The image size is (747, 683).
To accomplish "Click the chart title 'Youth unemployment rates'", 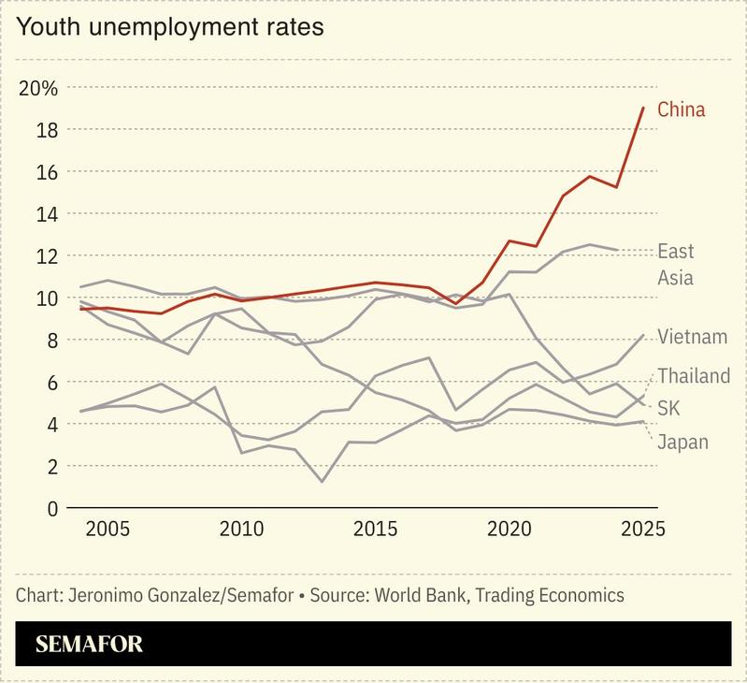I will [x=170, y=27].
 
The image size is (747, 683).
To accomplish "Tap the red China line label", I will [x=681, y=109].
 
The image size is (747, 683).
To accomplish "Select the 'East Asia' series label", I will [x=675, y=264].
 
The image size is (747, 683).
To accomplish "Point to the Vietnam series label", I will [x=692, y=337].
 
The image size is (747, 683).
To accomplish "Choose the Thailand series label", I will [x=693, y=376].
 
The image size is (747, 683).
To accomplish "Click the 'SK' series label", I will [x=669, y=408].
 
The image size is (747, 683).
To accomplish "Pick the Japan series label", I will [x=682, y=442].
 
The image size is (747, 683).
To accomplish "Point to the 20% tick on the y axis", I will [x=38, y=89].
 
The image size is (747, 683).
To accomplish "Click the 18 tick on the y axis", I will [x=47, y=130].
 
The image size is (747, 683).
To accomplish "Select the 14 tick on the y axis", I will [x=47, y=214].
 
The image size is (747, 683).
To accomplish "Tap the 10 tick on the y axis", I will [x=47, y=298].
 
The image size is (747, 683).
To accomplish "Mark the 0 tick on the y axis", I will [x=52, y=508].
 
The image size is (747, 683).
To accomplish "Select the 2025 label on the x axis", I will [x=641, y=529].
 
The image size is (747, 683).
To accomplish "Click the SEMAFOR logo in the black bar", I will [x=89, y=645].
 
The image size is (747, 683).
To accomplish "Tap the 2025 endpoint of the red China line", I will [x=643, y=109].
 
